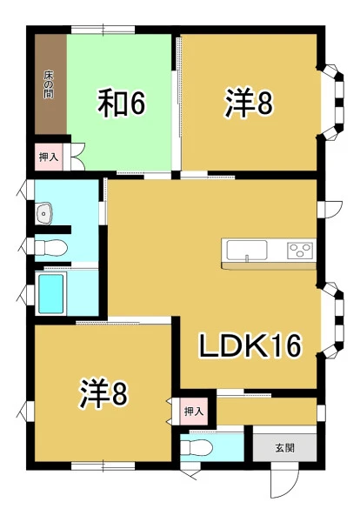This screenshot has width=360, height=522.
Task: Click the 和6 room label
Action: pyautogui.click(x=121, y=103)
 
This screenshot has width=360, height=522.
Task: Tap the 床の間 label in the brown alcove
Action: pyautogui.click(x=49, y=84)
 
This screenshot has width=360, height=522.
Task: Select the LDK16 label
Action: pyautogui.click(x=250, y=345)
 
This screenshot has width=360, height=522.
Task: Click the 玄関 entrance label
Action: pyautogui.click(x=285, y=448)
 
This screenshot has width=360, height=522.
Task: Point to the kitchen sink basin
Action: pyautogui.click(x=247, y=250)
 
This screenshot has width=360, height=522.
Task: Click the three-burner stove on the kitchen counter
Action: pyautogui.click(x=301, y=250)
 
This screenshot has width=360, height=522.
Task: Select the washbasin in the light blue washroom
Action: pyautogui.click(x=44, y=213)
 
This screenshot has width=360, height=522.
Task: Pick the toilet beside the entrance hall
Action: pyautogui.click(x=196, y=447)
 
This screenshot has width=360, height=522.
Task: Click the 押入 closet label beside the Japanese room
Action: pyautogui.click(x=49, y=157)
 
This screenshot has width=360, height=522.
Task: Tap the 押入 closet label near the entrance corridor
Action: pyautogui.click(x=194, y=412)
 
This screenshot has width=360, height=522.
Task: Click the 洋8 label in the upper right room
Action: pyautogui.click(x=249, y=103)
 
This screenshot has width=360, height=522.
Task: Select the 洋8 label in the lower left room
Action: pyautogui.click(x=103, y=393)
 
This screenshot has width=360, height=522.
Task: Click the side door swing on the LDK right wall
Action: pyautogui.click(x=330, y=209)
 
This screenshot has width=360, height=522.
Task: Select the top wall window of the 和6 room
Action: pyautogui.click(x=103, y=30)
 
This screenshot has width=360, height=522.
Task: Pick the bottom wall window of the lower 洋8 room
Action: pyautogui.click(x=103, y=465)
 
